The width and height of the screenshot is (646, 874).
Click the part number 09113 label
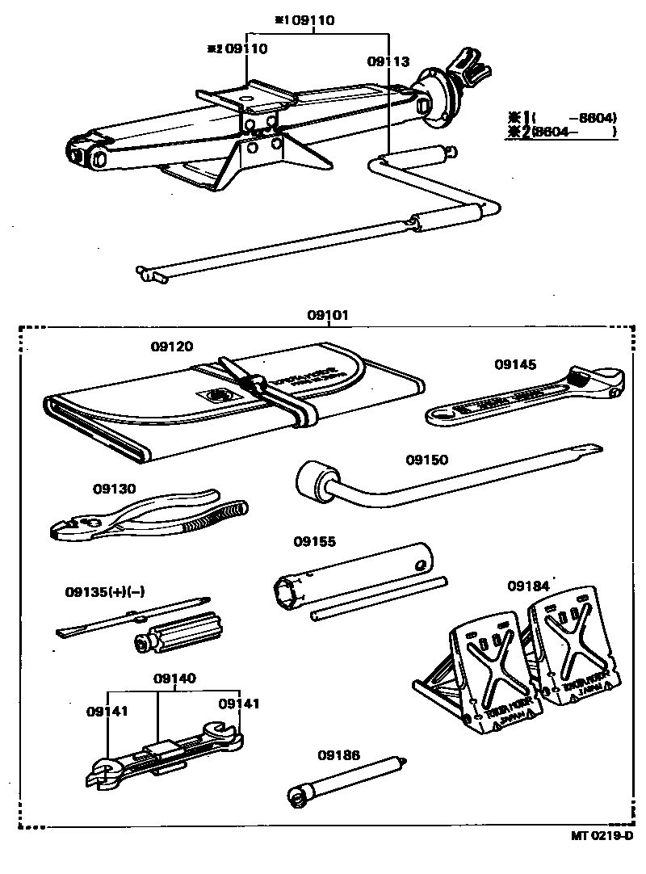[x=388, y=61]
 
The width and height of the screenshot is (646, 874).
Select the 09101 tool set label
[x=328, y=316]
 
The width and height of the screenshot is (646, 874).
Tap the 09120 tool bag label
[x=172, y=347]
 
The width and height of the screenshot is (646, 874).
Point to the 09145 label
[x=516, y=364]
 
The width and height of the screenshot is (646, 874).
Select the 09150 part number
[x=426, y=460]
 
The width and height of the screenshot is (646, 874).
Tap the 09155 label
[x=315, y=542]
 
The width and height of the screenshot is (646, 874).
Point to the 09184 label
[x=529, y=585]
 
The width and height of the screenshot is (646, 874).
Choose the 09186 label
[x=338, y=755]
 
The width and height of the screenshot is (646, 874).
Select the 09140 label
[x=174, y=679]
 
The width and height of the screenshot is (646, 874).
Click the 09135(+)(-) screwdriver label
[x=105, y=592]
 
